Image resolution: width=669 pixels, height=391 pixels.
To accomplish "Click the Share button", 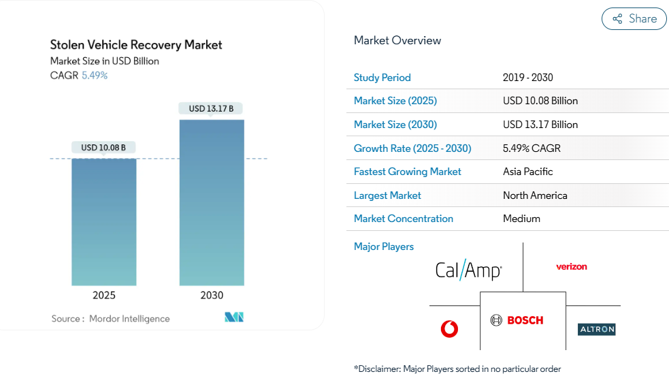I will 634,19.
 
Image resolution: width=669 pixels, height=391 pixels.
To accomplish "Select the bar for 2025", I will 104,221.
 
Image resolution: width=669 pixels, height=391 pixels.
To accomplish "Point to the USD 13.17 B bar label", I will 211,108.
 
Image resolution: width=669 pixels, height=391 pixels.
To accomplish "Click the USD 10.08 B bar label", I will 103,147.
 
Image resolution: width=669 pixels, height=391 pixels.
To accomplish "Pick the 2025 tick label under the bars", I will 104,295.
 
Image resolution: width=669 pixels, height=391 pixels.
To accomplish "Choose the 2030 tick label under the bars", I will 212,295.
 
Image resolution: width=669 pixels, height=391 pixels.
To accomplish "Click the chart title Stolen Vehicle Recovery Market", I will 136,45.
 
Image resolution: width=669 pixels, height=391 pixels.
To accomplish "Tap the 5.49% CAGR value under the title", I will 95,76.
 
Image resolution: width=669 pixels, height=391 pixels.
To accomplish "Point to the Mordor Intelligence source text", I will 129,319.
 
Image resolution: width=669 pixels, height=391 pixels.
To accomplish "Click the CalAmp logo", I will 468,270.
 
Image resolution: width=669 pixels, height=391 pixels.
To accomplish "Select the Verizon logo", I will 571,266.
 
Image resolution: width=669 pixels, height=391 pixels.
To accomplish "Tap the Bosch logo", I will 517,320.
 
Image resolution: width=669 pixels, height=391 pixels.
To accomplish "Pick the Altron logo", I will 596,330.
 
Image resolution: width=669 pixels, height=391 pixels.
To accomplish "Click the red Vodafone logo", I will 449,330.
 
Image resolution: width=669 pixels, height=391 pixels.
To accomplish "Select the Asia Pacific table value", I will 528,172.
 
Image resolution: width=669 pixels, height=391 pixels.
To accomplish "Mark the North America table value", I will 535,195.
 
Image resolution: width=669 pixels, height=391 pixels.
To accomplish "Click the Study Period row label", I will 382,78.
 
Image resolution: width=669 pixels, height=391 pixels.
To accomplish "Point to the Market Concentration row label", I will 404,219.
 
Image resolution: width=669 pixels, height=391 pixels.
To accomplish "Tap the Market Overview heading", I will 397,41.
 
